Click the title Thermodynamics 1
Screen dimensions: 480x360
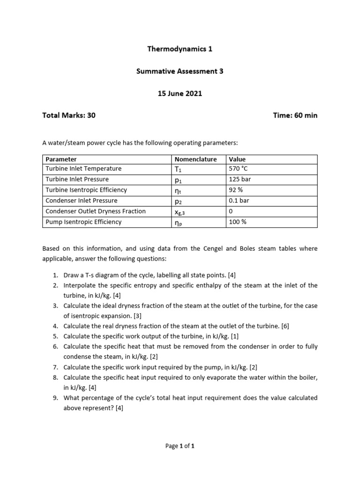tap(180, 49)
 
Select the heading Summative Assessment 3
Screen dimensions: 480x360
tap(180, 71)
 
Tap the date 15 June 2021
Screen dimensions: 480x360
tap(180, 93)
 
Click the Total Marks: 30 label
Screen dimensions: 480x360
tap(69, 115)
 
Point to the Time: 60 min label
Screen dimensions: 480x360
tap(295, 115)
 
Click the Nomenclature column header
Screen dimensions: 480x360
tap(195, 159)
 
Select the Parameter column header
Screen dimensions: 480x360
tap(61, 159)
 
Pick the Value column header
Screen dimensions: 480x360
tap(237, 159)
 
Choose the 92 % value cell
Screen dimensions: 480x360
tap(236, 190)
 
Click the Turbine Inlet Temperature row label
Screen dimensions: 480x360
tap(83, 169)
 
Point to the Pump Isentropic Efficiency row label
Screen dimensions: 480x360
tap(83, 222)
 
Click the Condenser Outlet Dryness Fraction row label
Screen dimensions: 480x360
tap(96, 211)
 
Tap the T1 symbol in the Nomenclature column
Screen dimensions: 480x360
tap(178, 169)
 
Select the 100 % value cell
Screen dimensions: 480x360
tap(237, 222)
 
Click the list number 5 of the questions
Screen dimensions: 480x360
tap(55, 336)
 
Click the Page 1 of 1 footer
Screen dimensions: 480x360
tap(180, 446)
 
